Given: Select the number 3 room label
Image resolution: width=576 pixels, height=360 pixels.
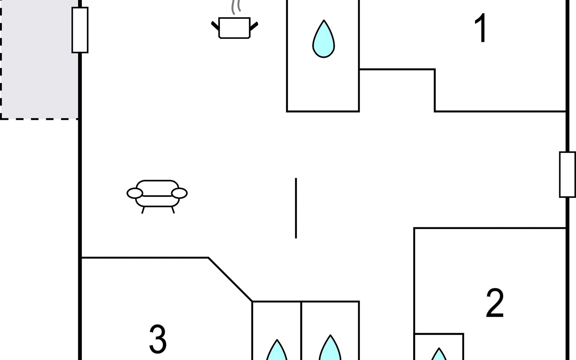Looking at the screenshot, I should (x=158, y=339).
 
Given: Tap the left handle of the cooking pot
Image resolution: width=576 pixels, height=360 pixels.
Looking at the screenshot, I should (x=215, y=26).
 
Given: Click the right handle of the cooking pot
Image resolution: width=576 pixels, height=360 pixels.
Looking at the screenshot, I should (x=254, y=26).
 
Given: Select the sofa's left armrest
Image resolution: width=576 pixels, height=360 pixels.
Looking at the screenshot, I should (x=135, y=193).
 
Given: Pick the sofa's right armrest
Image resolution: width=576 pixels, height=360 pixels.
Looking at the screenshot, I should (x=179, y=193).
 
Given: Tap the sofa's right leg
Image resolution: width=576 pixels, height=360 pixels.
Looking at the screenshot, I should (x=173, y=210).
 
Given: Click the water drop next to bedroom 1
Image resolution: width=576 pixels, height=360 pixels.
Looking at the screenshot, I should (x=323, y=40).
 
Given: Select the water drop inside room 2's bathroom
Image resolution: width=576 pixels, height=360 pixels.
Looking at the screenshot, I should (x=439, y=355).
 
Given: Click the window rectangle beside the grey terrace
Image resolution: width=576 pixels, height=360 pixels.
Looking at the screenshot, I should (x=80, y=30).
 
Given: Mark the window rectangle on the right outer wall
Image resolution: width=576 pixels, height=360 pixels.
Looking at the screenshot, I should (x=567, y=175).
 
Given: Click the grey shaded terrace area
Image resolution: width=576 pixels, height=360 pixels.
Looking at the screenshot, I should (x=39, y=60).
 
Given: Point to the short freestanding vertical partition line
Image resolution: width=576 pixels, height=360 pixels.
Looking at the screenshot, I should (x=296, y=208).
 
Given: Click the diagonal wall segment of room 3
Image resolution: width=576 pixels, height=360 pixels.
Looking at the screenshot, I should (x=230, y=279).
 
